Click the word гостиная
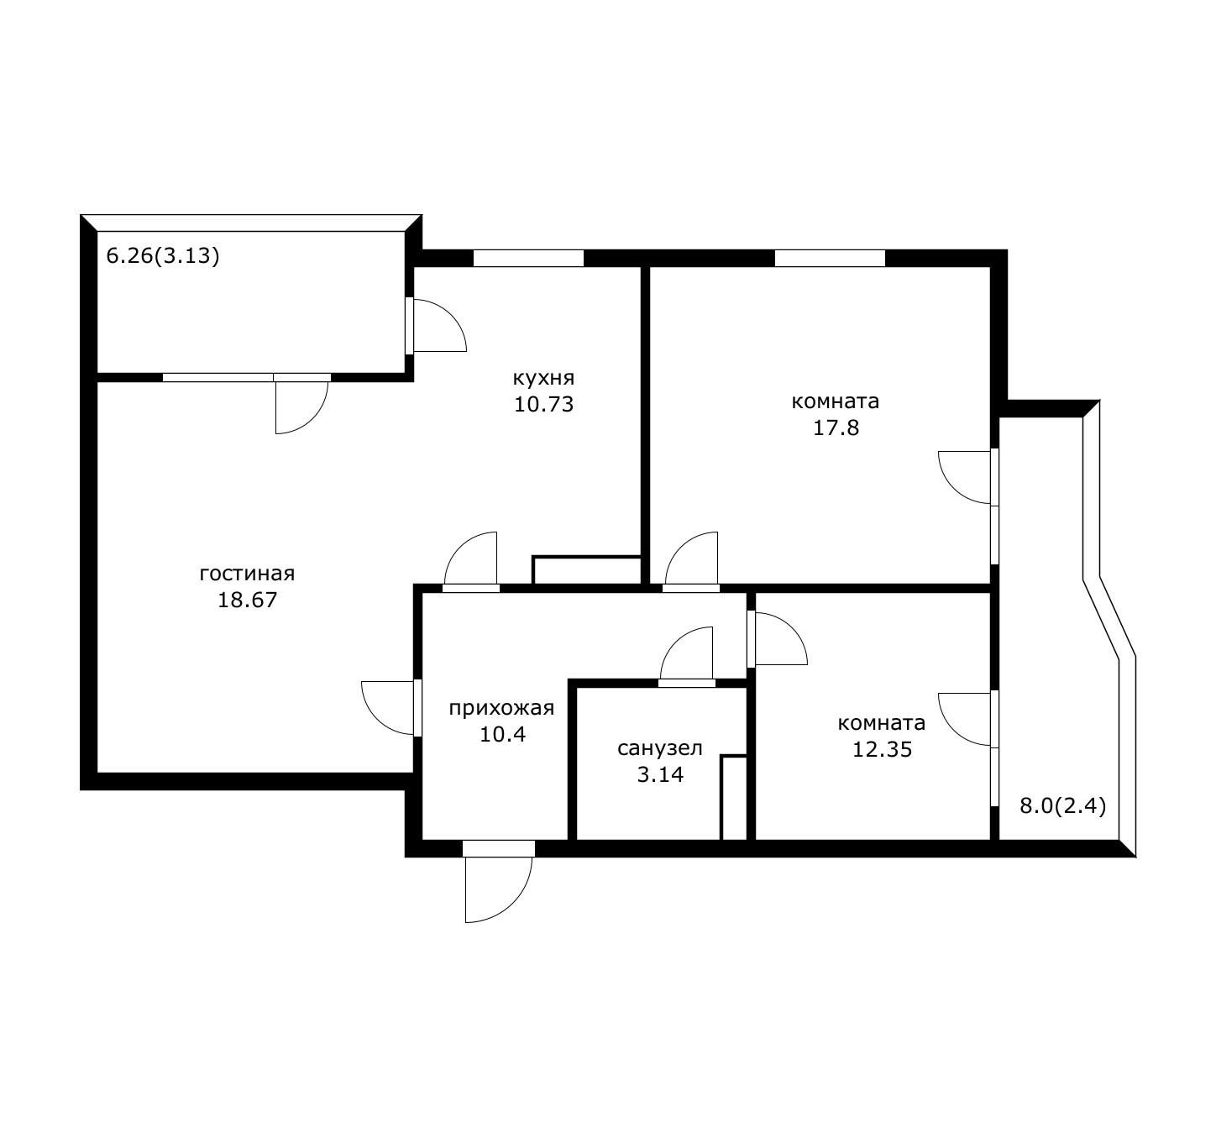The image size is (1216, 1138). pos(248,574)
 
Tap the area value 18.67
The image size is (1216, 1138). pos(248,600)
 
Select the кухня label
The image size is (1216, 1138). pos(543,379)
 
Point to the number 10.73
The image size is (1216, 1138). pos(543,405)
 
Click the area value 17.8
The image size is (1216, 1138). pos(836,427)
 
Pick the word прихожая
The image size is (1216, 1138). pos(501,709)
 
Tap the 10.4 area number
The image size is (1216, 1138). pos(502,734)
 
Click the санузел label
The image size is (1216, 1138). pos(659,748)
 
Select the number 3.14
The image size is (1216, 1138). pos(660,775)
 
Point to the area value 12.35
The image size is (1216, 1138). pos(883,750)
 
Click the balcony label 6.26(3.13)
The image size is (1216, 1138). pos(163,255)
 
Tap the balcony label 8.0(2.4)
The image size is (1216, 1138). pos(1063,806)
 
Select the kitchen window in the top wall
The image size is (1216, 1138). pos(528,258)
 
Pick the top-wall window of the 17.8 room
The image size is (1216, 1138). pos(830,258)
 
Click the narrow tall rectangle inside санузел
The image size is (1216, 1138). pos(734,798)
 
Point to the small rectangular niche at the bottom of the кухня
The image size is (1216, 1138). pos(586,570)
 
